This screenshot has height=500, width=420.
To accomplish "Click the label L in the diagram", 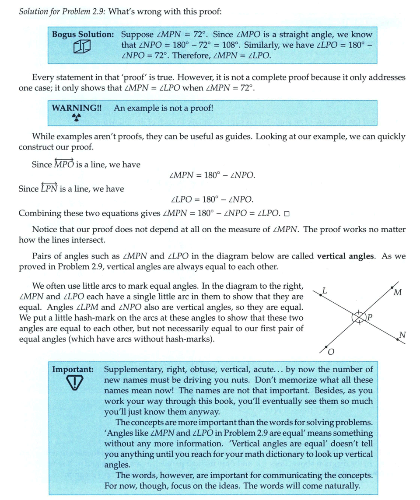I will point(324,290).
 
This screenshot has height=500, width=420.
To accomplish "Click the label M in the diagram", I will point(397,293).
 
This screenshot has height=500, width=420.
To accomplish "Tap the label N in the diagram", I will point(402,336).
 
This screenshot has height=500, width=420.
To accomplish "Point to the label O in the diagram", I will point(331,352).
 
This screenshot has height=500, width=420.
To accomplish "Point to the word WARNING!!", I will point(77,108).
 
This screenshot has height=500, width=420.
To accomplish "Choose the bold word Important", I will point(73,369).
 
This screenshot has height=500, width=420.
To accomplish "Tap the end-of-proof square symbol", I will point(287,214).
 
